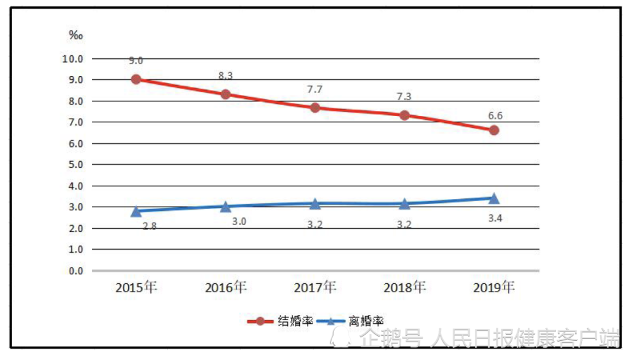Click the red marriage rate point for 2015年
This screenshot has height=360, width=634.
136,79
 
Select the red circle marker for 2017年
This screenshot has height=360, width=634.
314,107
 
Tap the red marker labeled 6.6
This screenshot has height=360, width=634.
494,130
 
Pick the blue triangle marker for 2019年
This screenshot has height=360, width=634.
494,198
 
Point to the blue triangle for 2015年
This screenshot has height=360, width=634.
136,211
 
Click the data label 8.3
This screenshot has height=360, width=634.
226,75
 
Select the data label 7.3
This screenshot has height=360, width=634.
404,96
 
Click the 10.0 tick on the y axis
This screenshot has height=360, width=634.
72,59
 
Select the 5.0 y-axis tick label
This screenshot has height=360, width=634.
74,165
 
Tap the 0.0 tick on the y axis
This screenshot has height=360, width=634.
74,271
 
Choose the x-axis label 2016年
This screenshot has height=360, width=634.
226,287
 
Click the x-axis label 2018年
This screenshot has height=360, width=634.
404,287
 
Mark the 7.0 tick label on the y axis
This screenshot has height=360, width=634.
74,122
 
